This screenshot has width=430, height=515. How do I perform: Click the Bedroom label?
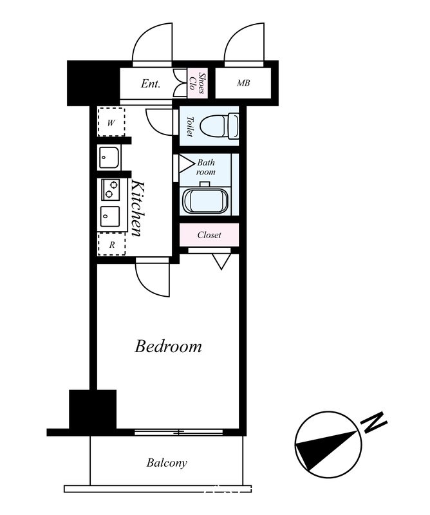(x=168, y=346)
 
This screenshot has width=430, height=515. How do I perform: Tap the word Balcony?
(x=167, y=463)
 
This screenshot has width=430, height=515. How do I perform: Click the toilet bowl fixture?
(x=220, y=126)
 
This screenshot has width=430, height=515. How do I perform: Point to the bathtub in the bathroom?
(x=205, y=200)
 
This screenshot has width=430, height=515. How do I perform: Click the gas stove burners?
(x=110, y=189)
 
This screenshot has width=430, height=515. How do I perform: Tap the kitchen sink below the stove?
(x=109, y=216)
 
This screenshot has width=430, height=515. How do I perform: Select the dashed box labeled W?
(x=111, y=122)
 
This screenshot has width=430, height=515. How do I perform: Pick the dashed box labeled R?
(x=112, y=244)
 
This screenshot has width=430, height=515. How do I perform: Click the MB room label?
(x=243, y=83)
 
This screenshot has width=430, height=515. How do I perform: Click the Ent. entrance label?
(x=151, y=84)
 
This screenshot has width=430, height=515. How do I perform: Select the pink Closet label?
(x=209, y=235)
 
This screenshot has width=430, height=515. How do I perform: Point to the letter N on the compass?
(x=374, y=422)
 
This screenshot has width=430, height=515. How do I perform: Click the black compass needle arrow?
(x=326, y=451)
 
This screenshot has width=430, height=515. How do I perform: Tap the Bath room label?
(x=206, y=167)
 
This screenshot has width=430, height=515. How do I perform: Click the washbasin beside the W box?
(x=109, y=157)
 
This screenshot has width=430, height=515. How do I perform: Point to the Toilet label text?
(x=189, y=126)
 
